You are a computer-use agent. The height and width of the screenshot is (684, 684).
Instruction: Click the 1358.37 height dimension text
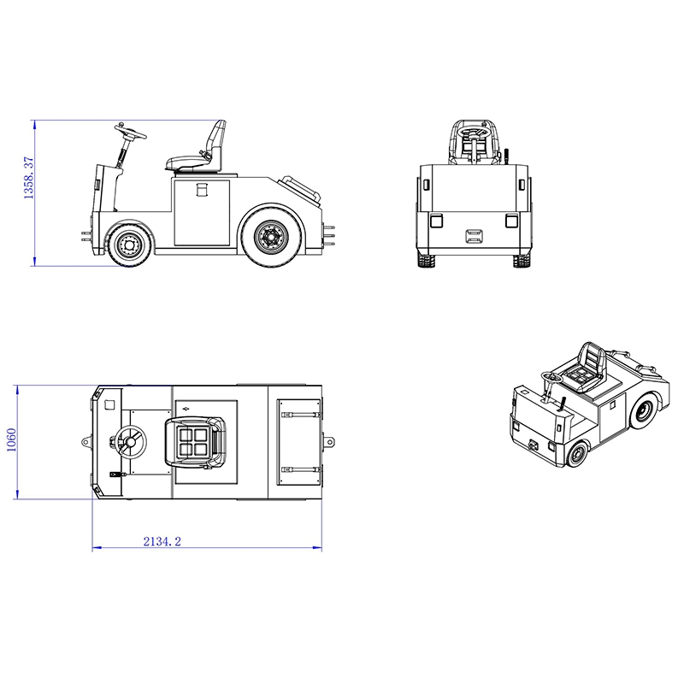(x=29, y=178)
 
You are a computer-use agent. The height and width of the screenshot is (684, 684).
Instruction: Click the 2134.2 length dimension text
(x=162, y=541)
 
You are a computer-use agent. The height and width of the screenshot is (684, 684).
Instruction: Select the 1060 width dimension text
(x=12, y=440)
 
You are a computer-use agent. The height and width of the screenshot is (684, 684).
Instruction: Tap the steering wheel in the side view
(x=131, y=131)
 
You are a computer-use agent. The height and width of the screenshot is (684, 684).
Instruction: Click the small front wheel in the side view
(x=130, y=245)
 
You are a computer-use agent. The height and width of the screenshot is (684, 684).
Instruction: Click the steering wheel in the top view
(x=131, y=442)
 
